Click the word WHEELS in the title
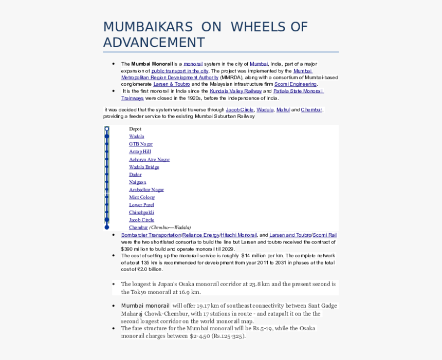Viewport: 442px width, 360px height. coord(259,27)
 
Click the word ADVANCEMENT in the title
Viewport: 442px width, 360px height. coord(154,43)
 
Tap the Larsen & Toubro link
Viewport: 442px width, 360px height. coord(171,84)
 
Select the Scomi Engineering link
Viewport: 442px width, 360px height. coord(296,84)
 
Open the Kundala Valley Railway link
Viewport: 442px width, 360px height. coord(235,91)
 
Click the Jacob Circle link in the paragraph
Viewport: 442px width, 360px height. coord(240,110)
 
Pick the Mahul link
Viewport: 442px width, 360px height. coord(283,110)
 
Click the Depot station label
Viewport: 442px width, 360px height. coord(135,129)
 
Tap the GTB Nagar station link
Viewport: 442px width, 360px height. coord(141,144)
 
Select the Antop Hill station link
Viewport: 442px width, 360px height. coord(140,152)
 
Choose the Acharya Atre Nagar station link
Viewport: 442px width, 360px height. coord(149,160)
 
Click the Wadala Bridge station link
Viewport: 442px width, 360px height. coord(144,167)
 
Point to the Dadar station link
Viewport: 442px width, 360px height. coord(135,175)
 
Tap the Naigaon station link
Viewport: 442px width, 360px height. coord(137,182)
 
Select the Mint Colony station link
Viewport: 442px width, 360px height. coord(142,197)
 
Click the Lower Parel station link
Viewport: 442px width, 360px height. coord(141,205)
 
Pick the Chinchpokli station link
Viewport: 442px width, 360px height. coord(141,213)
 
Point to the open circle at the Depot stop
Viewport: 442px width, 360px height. coord(107,129)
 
